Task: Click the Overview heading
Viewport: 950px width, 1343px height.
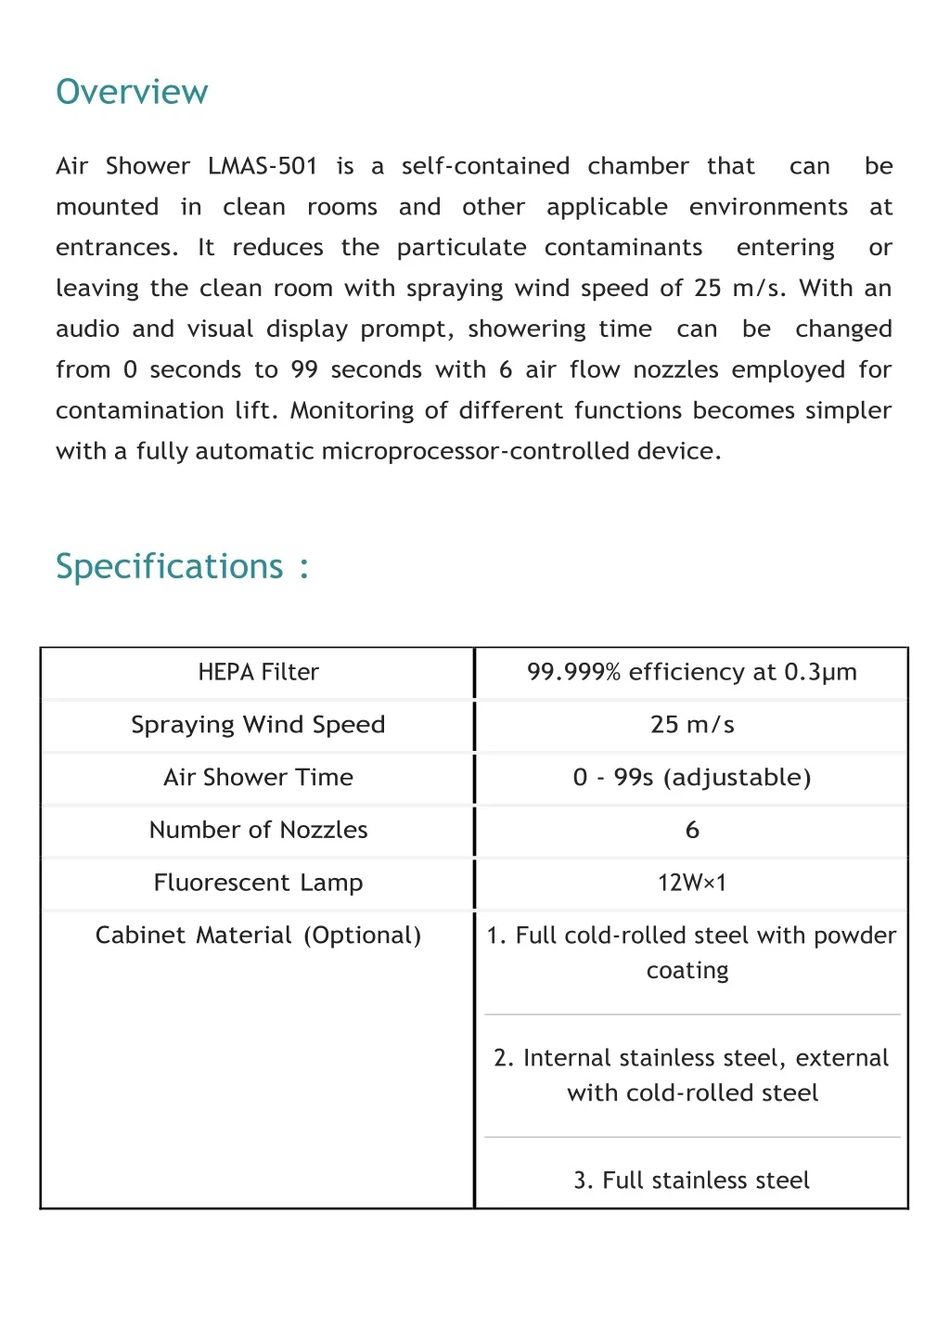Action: coord(132,92)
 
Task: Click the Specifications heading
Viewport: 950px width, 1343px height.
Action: coord(170,566)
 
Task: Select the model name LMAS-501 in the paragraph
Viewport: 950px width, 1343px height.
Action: coord(263,166)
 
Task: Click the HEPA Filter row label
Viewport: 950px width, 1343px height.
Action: coord(258,672)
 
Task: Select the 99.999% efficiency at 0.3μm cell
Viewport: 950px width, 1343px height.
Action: coord(691,672)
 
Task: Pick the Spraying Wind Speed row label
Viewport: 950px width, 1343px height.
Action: coord(258,725)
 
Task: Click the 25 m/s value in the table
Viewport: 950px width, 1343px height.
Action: coord(692,725)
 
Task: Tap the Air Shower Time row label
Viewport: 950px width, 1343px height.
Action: coord(258,778)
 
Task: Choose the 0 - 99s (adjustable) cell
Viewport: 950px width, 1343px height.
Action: coord(692,778)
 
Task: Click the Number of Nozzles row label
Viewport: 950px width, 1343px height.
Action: coord(258,830)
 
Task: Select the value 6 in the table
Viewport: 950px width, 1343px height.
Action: coord(692,830)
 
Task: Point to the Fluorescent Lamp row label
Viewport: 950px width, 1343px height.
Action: coord(258,883)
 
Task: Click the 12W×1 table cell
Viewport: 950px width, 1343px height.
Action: coord(692,883)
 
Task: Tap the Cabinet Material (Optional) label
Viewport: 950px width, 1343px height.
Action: coord(258,936)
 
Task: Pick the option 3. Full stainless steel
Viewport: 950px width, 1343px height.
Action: coord(691,1181)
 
